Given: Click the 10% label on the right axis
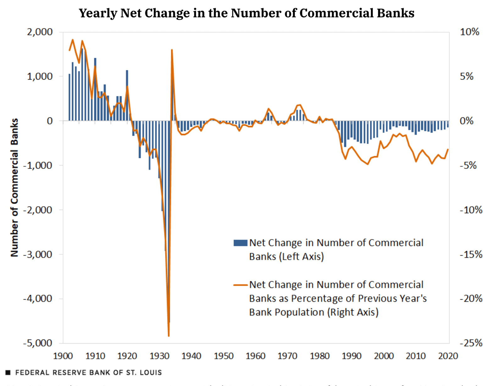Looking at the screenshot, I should pos(469,32).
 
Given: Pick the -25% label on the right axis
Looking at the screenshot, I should pos(471,343).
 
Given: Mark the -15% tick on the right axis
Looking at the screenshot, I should pos(471,254).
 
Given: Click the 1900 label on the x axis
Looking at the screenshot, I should pos(63,356).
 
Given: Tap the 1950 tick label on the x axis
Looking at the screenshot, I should pos(224,356).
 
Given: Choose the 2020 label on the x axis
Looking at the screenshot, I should pos(448,356).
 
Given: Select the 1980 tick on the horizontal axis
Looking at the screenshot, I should pos(320,356).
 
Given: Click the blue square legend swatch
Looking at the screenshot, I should pos(240,243).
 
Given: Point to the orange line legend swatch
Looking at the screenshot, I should pos(240,285).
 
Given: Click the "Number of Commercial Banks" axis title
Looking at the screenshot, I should pos(14,187).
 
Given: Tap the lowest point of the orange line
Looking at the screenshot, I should pos(169,336).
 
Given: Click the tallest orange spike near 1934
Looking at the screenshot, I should pos(172,50).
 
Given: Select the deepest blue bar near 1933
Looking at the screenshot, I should pos(169,320).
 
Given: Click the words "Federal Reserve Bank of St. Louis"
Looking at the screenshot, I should pos(88,373).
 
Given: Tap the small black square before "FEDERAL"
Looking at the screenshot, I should pos(8,373).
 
